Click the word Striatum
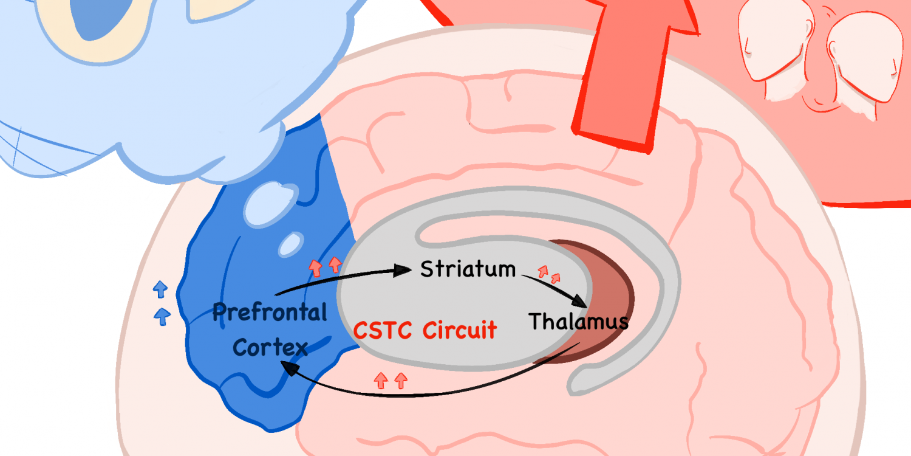pos(468,269)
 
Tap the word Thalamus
pos(578,321)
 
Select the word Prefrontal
pos(270,313)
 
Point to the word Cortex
pos(270,347)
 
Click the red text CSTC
pos(382,330)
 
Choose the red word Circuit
pos(460,330)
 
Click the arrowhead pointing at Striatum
pos(403,270)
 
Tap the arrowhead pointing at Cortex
pos(290,368)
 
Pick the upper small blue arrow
pos(160,289)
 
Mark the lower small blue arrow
pos(162,316)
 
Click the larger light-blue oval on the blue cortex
pos(270,204)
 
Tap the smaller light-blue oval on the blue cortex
pos(291,244)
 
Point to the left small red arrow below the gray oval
pos(381,380)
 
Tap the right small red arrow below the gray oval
pos(401,380)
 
